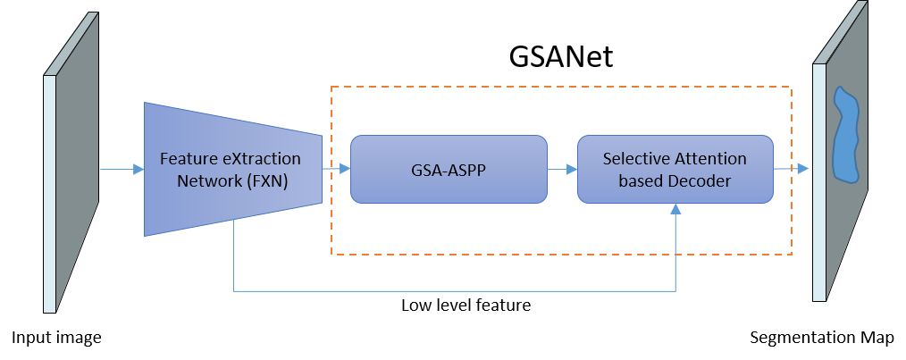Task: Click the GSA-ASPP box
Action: coord(448,169)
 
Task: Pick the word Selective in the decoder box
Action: coord(634,159)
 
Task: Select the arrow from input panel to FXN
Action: coord(121,169)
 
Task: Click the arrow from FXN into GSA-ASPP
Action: coord(336,169)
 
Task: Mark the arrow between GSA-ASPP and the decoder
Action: coord(561,169)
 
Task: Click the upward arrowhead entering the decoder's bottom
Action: coord(676,209)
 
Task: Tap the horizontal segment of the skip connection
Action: coord(447,290)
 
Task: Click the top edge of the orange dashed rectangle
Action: coord(561,87)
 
